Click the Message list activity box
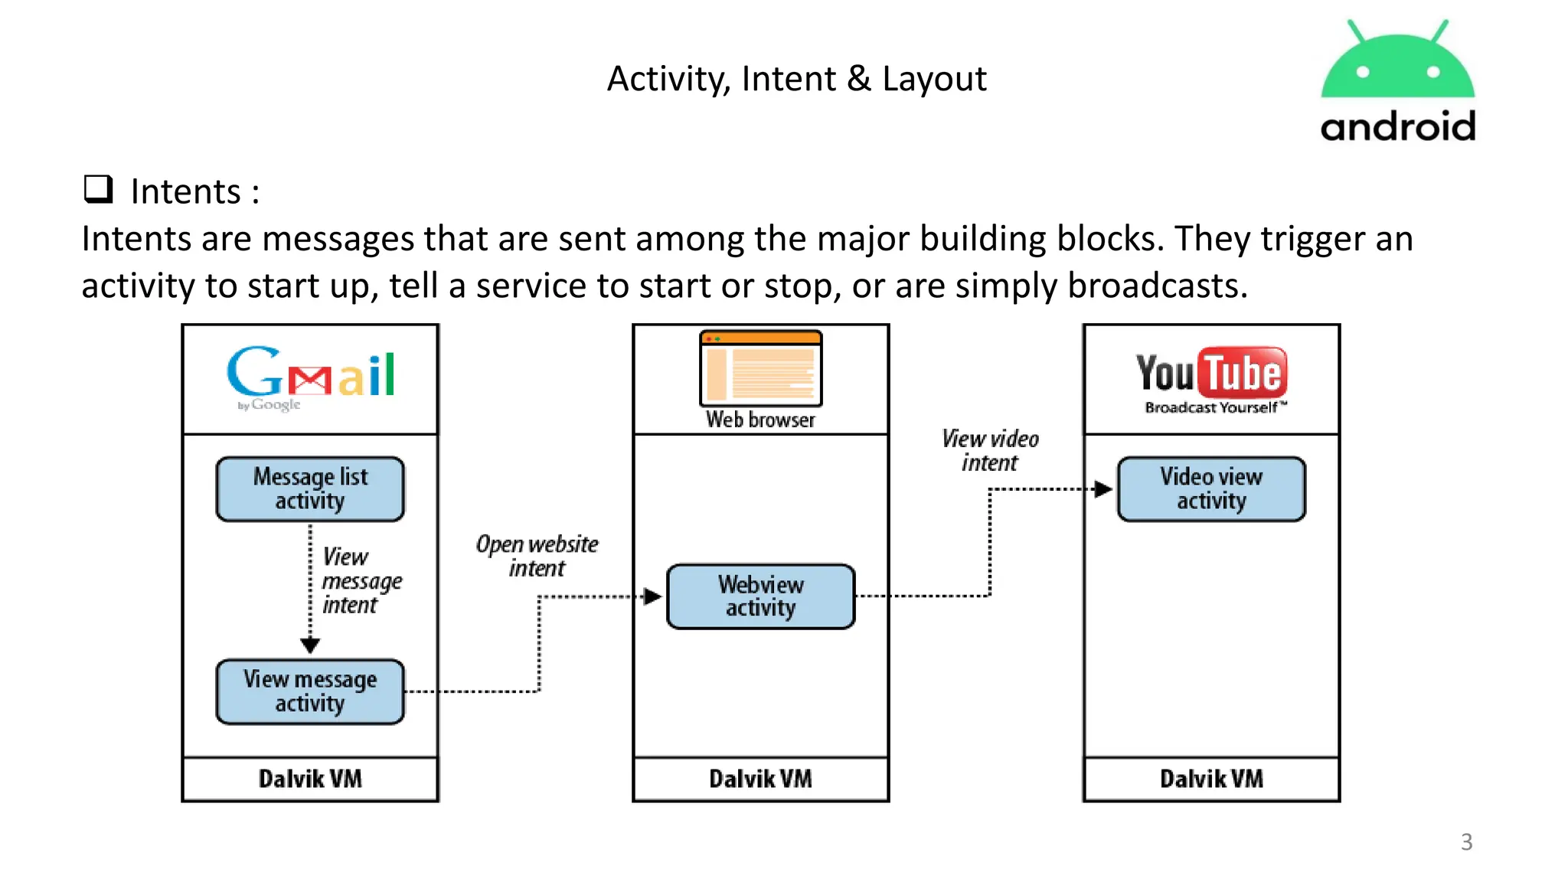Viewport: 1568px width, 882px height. [310, 489]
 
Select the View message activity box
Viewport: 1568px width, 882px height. [310, 691]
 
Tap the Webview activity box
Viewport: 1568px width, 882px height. [760, 596]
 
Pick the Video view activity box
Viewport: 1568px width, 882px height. [1211, 489]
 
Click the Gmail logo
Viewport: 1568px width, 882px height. [310, 377]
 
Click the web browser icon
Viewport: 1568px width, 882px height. [760, 368]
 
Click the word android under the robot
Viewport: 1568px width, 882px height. [1397, 127]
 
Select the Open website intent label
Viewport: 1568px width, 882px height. [537, 556]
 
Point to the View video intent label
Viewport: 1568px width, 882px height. [990, 450]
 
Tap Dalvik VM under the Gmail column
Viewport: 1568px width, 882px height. [310, 779]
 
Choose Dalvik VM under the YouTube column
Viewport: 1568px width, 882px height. [1211, 779]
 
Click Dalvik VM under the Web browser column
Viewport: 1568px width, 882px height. [760, 779]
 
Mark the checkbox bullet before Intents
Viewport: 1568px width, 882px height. [99, 189]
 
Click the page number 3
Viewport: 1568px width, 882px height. [1466, 841]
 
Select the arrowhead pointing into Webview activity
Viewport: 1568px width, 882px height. [652, 596]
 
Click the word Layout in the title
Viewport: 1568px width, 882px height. [934, 79]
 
